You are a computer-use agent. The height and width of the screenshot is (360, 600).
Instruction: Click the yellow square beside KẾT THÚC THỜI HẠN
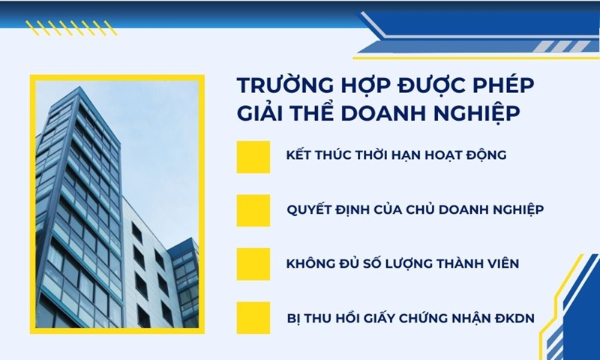(253, 156)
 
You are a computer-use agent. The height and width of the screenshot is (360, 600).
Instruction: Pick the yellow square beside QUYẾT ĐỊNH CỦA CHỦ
(253, 210)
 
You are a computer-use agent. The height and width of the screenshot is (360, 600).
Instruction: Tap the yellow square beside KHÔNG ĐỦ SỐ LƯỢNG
(253, 264)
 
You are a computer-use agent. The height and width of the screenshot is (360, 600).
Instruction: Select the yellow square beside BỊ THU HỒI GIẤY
(253, 318)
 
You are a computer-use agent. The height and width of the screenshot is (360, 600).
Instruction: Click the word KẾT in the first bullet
(300, 156)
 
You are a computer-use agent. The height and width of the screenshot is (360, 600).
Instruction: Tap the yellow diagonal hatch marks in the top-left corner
(71, 28)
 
